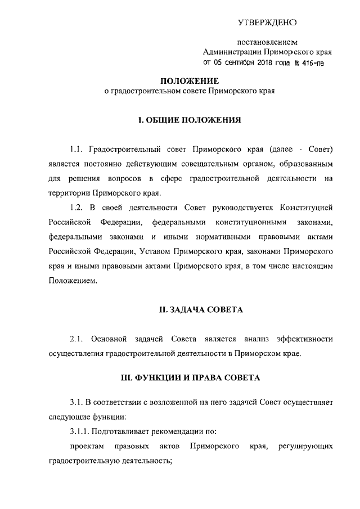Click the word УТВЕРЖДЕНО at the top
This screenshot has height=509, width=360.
coord(267,23)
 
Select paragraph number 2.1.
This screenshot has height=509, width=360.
coord(76,339)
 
